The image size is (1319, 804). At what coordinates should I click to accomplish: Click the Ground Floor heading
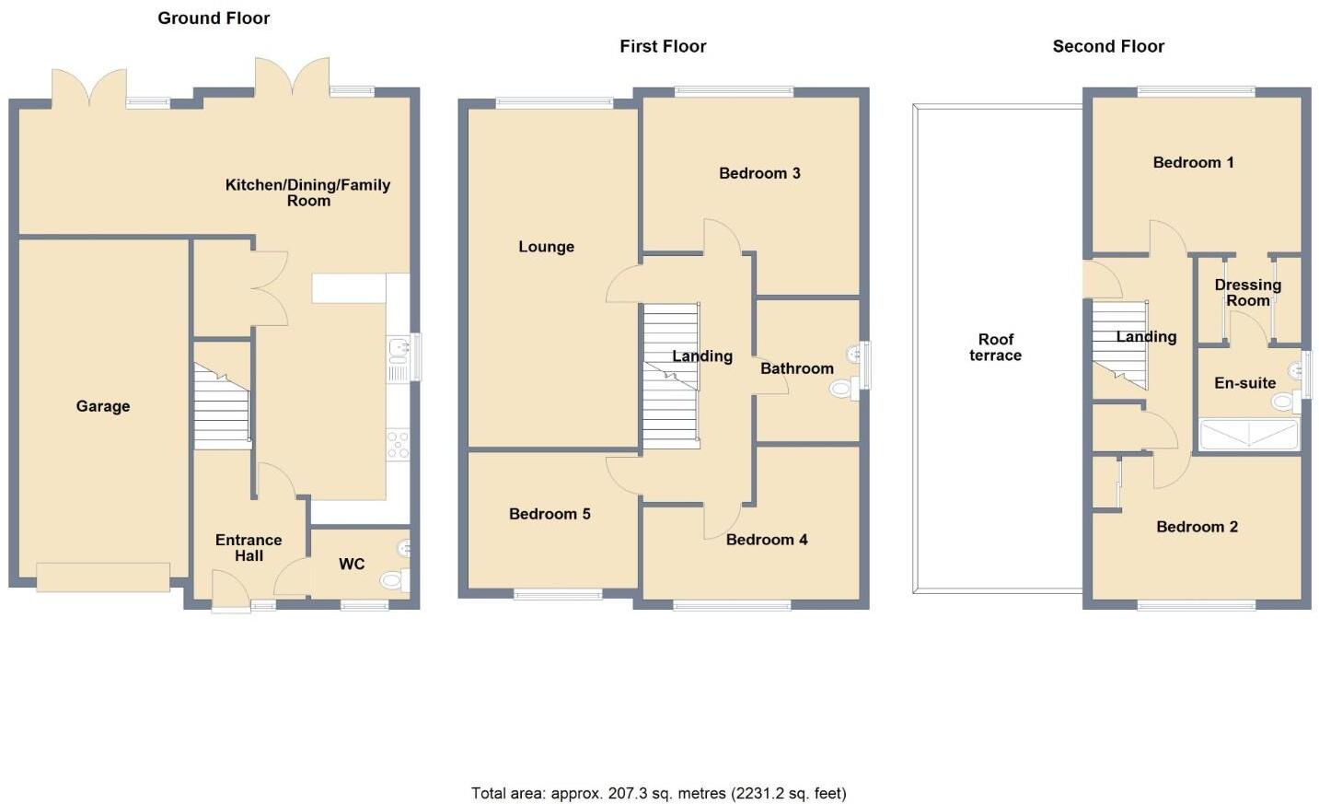(x=214, y=17)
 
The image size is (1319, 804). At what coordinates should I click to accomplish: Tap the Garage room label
(x=103, y=406)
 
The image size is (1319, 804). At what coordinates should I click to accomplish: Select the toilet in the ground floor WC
(x=393, y=579)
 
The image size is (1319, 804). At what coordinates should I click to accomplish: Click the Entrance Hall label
(x=249, y=548)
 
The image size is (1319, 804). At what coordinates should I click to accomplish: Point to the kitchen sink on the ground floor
(x=399, y=347)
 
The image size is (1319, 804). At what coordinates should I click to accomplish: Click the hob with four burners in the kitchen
(x=398, y=445)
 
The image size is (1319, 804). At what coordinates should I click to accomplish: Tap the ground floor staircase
(x=222, y=407)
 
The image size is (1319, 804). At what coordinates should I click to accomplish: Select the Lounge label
(x=546, y=247)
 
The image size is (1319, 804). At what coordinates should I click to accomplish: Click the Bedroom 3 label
(x=759, y=173)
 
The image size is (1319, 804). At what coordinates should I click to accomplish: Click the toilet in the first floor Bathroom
(x=842, y=389)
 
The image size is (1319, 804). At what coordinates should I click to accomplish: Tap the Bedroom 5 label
(x=550, y=514)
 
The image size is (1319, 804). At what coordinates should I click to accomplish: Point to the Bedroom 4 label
(x=767, y=540)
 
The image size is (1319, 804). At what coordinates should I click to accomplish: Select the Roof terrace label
(x=995, y=347)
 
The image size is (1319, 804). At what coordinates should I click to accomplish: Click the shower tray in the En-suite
(x=1248, y=434)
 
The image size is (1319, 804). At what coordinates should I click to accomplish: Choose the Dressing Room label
(x=1247, y=293)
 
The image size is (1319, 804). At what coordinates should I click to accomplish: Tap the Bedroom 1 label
(x=1193, y=162)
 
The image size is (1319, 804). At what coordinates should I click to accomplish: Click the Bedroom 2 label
(x=1197, y=527)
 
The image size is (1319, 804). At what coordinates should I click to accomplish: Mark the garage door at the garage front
(x=103, y=577)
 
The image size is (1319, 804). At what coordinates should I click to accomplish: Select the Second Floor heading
(x=1108, y=46)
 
